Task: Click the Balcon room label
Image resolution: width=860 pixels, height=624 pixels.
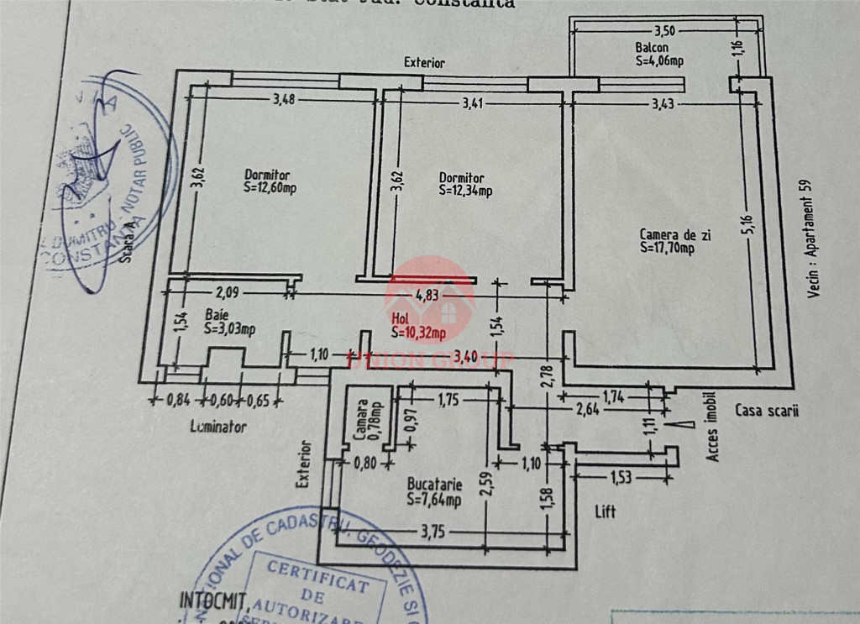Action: [x=652, y=48]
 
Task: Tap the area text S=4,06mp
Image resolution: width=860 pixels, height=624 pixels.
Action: [x=659, y=60]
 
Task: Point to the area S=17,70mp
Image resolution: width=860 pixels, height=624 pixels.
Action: [x=667, y=248]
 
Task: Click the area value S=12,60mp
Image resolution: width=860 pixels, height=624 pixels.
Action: [x=270, y=187]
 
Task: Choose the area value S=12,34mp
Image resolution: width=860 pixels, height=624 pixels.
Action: [x=465, y=191]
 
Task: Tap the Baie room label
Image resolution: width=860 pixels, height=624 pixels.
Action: [x=216, y=315]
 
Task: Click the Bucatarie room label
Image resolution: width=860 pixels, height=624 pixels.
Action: [x=433, y=485]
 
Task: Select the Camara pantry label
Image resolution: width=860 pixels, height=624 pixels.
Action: [x=359, y=411]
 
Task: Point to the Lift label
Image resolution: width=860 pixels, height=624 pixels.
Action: [x=606, y=511]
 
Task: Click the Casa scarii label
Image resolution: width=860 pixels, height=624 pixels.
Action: [x=767, y=411]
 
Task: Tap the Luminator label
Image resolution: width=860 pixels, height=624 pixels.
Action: [x=218, y=427]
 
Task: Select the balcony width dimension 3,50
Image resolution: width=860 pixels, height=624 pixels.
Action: [x=664, y=30]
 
